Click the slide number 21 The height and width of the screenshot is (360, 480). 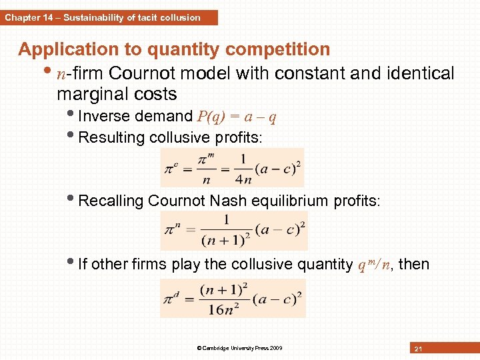click(x=419, y=349)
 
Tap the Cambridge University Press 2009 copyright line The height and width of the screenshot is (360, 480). click(x=239, y=348)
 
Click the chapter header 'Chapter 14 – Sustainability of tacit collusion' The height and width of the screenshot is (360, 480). click(x=103, y=17)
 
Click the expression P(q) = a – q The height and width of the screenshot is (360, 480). click(x=237, y=117)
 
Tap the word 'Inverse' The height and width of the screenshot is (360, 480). click(x=103, y=116)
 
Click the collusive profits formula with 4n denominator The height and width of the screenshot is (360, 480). click(x=232, y=167)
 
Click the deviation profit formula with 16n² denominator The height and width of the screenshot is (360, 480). click(x=233, y=298)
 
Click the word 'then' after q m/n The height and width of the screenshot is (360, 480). click(x=415, y=265)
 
